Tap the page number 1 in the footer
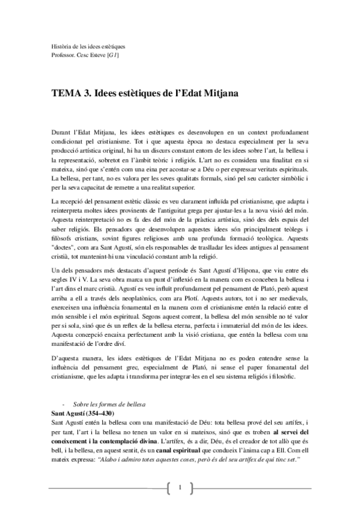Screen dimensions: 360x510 click(180, 487)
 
